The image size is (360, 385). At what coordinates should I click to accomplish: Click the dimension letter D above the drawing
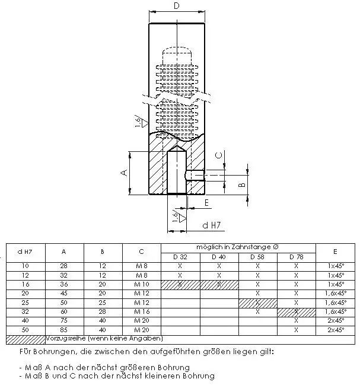pos(176,6)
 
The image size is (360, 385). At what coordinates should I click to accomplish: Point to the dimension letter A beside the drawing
pos(124,173)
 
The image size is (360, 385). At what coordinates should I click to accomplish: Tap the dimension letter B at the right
pos(241,185)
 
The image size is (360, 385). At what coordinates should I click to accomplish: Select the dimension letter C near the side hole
pos(218,155)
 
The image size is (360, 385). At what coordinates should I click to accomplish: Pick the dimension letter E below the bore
pos(206,203)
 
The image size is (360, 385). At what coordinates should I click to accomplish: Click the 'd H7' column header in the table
pos(24,252)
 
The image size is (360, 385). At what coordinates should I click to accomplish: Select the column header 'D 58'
pos(258,257)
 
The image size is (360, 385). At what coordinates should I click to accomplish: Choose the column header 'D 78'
pos(296,257)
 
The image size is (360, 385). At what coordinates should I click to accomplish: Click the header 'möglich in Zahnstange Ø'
pos(238,246)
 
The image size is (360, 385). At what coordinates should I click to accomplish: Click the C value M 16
pos(141,311)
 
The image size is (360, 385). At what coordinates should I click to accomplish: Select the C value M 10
pos(141,284)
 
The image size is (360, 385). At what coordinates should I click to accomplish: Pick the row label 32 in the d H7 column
pos(25,311)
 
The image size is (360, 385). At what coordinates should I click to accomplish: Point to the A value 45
pos(63,293)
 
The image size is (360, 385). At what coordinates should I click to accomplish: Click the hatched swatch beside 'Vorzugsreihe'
pos(25,339)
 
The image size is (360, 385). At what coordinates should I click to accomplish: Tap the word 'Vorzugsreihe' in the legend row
pos(65,339)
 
